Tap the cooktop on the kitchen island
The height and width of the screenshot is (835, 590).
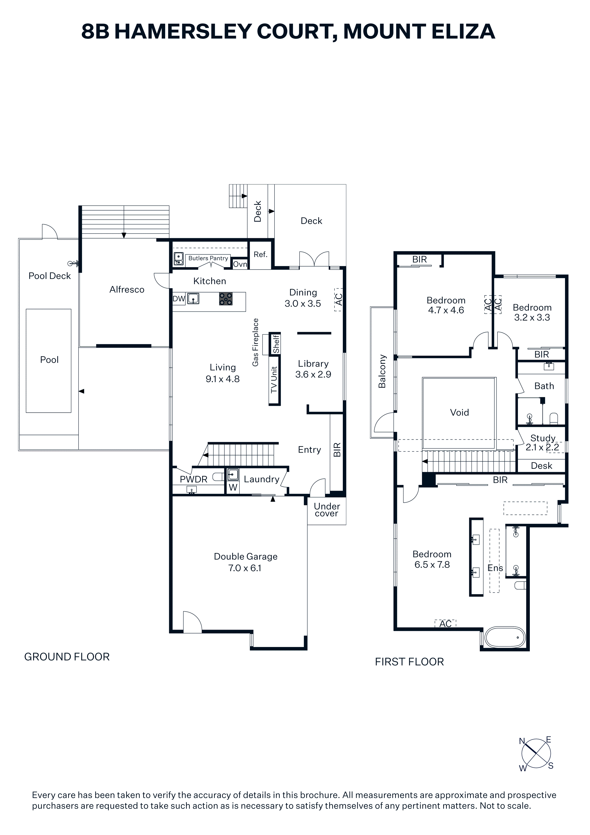point(226,299)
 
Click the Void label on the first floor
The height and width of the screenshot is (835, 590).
point(459,413)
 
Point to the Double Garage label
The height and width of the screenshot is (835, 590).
point(246,557)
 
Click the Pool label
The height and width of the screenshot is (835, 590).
point(49,360)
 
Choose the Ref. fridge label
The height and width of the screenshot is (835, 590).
point(260,255)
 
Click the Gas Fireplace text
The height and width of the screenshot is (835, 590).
point(256,342)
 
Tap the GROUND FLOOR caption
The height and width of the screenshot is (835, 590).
point(67,657)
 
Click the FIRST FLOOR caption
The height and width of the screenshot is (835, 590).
point(409,662)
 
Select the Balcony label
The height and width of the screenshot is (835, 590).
point(382,371)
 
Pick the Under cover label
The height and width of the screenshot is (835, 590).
point(327,510)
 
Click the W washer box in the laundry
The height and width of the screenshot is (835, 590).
point(233,487)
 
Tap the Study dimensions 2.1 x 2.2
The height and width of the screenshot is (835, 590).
point(542,447)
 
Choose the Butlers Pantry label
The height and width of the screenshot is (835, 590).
point(208,258)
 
